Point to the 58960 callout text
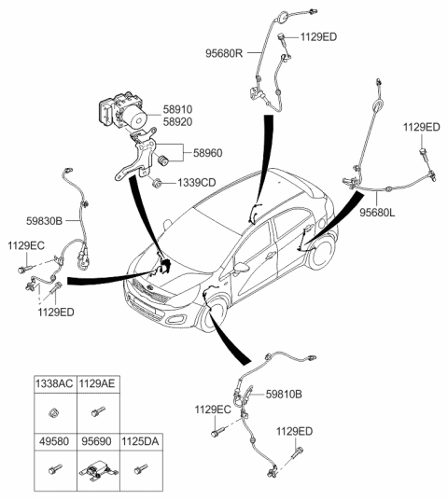(211, 148)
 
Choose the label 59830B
(44, 221)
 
